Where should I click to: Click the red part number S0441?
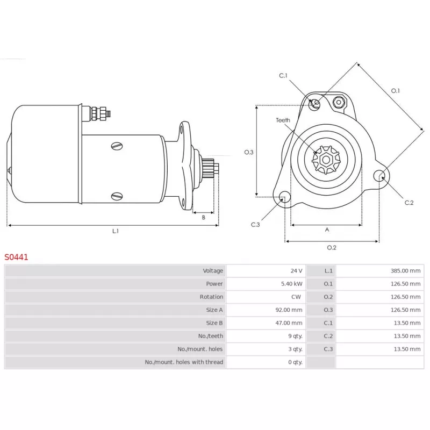[17, 257]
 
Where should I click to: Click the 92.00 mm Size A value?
[289, 310]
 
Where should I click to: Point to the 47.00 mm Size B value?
[289, 323]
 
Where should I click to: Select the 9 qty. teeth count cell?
[295, 336]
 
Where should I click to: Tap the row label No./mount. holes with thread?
[184, 362]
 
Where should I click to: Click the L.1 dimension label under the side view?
[115, 231]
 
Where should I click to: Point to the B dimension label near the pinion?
[204, 218]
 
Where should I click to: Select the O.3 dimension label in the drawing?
[248, 152]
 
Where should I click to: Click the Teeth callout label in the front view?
[283, 120]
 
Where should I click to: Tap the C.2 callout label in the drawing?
[409, 203]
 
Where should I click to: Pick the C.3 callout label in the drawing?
[255, 225]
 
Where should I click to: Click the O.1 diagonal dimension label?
[396, 91]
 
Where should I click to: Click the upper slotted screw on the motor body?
[118, 145]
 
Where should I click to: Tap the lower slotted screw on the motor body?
[118, 196]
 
